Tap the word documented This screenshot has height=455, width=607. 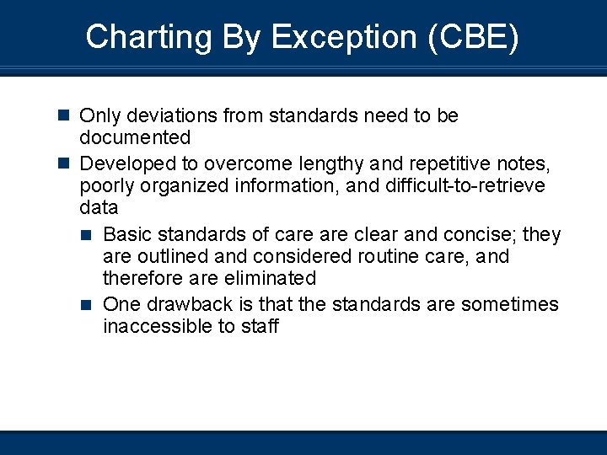click(x=135, y=137)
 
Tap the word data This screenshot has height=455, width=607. click(x=99, y=207)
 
